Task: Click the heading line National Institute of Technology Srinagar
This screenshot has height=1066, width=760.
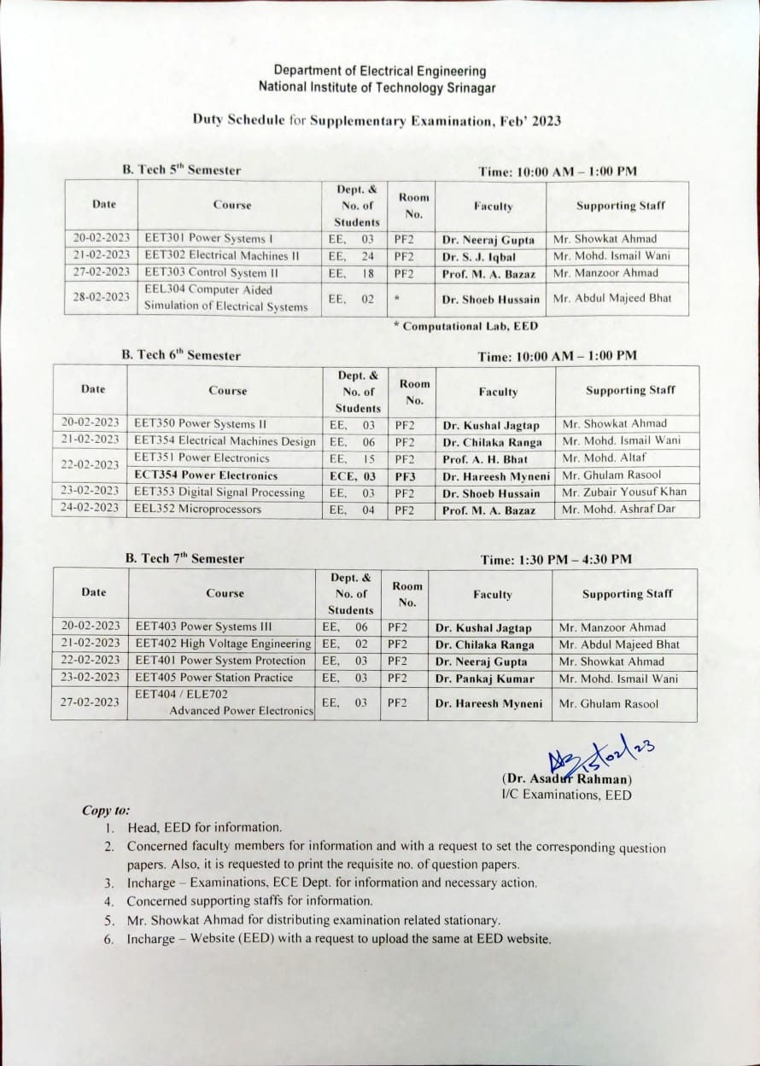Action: point(377,87)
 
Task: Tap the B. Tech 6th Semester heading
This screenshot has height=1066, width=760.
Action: point(181,355)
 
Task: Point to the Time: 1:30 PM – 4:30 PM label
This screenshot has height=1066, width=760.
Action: point(556,560)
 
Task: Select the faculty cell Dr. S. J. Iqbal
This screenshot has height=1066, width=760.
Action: point(479,256)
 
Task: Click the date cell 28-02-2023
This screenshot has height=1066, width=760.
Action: point(101,298)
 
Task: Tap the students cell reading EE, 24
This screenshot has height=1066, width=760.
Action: point(351,256)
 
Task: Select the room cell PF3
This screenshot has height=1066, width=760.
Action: point(405,475)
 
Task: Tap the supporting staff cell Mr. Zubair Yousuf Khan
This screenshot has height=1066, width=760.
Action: point(624,492)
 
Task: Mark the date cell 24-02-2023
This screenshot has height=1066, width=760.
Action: point(90,508)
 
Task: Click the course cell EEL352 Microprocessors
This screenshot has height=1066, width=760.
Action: point(198,510)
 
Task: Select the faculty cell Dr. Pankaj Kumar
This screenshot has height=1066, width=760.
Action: point(485,679)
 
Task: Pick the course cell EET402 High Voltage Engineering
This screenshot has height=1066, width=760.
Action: point(223,644)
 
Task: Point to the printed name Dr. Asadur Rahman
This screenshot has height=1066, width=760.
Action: point(567,778)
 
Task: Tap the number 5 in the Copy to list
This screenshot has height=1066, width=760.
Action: point(109,920)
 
